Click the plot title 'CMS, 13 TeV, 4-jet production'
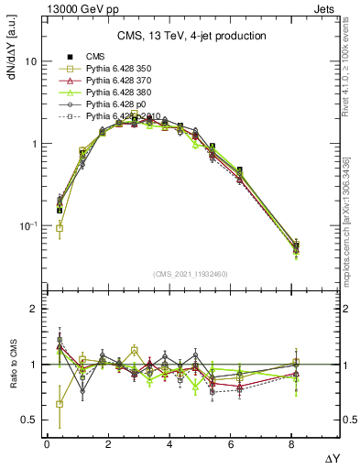(191, 37)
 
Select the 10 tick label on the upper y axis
(29, 61)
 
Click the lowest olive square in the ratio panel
(60, 404)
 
